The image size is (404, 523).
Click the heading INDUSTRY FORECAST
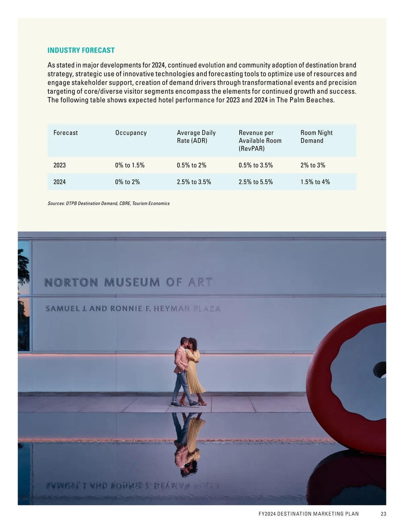click(x=81, y=51)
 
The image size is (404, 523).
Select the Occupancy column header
click(x=131, y=133)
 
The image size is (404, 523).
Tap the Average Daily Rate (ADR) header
click(x=196, y=137)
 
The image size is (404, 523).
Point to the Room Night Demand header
click(x=316, y=137)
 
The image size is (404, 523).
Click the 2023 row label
click(x=60, y=165)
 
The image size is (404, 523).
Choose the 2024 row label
click(x=60, y=182)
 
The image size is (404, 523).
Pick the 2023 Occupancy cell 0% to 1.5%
click(x=130, y=165)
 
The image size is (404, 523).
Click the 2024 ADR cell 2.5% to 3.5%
click(x=194, y=182)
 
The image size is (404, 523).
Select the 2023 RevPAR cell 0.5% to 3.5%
click(x=256, y=165)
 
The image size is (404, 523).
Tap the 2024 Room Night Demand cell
click(x=315, y=182)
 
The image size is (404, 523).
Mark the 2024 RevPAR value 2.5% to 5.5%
click(x=256, y=182)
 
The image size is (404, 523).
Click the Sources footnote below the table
click(x=109, y=203)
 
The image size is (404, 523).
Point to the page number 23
click(x=383, y=514)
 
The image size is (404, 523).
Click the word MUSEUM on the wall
click(x=132, y=282)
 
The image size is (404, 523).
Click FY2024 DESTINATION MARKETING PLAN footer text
click(x=309, y=514)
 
